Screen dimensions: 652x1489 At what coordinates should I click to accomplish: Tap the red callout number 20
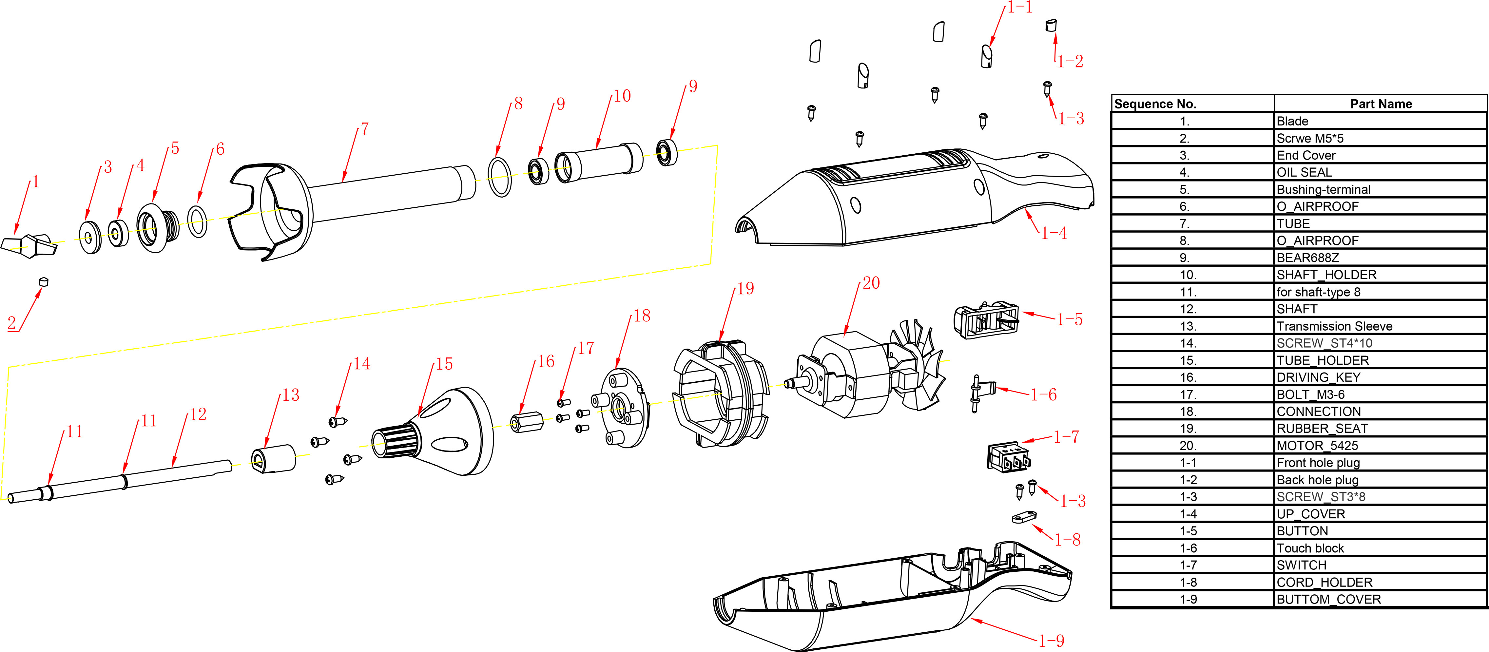pyautogui.click(x=871, y=283)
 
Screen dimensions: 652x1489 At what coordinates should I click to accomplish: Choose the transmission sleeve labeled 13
pyautogui.click(x=273, y=458)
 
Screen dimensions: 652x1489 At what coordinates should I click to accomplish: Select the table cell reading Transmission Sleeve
pyautogui.click(x=1334, y=326)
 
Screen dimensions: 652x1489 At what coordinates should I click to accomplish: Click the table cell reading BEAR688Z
pyautogui.click(x=1307, y=258)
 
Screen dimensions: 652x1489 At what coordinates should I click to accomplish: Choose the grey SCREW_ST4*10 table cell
pyautogui.click(x=1324, y=343)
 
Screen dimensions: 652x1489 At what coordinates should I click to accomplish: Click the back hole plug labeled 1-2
pyautogui.click(x=1051, y=26)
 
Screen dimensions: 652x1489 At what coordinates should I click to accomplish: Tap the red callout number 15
pyautogui.click(x=444, y=364)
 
